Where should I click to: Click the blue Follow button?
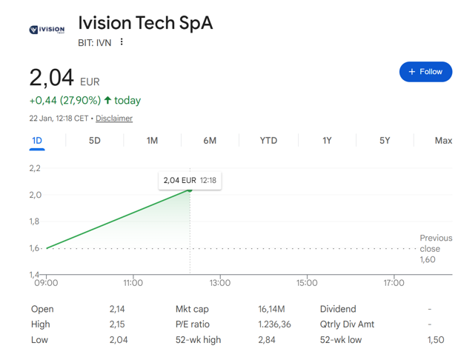click(425, 72)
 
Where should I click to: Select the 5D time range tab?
click(95, 141)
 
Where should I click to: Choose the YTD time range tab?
click(268, 141)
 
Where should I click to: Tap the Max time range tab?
click(443, 141)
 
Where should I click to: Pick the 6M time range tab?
click(210, 141)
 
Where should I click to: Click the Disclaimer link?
click(114, 119)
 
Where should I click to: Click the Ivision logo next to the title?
click(47, 30)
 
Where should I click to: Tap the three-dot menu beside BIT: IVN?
click(122, 41)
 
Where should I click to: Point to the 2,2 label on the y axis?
click(35, 168)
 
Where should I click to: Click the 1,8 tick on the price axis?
click(34, 221)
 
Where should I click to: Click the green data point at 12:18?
click(190, 190)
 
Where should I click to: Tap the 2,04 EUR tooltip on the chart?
click(190, 181)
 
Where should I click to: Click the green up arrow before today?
click(107, 100)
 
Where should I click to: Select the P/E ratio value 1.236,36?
click(274, 324)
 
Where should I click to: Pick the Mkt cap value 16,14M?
click(271, 309)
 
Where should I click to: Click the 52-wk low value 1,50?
click(436, 340)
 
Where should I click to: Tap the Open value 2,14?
click(117, 309)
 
